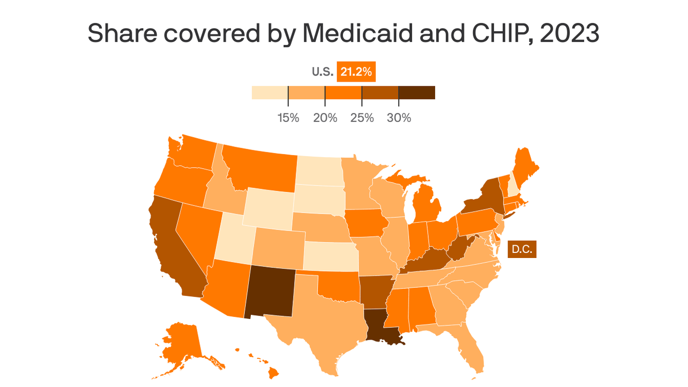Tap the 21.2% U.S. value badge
click(x=356, y=72)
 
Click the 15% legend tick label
click(x=288, y=118)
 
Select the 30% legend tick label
click(x=399, y=118)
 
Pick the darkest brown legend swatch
click(x=417, y=93)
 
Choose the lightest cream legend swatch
click(x=270, y=93)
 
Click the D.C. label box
click(x=522, y=249)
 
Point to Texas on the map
click(x=322, y=322)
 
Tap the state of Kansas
click(x=330, y=256)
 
